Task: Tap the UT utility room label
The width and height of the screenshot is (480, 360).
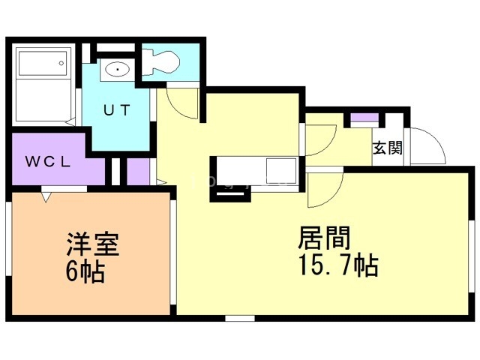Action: (117, 110)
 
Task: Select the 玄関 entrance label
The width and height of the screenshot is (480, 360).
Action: (387, 148)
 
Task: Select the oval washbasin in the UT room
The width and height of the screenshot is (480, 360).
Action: (118, 70)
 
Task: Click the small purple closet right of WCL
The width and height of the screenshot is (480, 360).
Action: (137, 171)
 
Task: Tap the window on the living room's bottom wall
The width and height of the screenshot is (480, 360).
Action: (240, 319)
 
